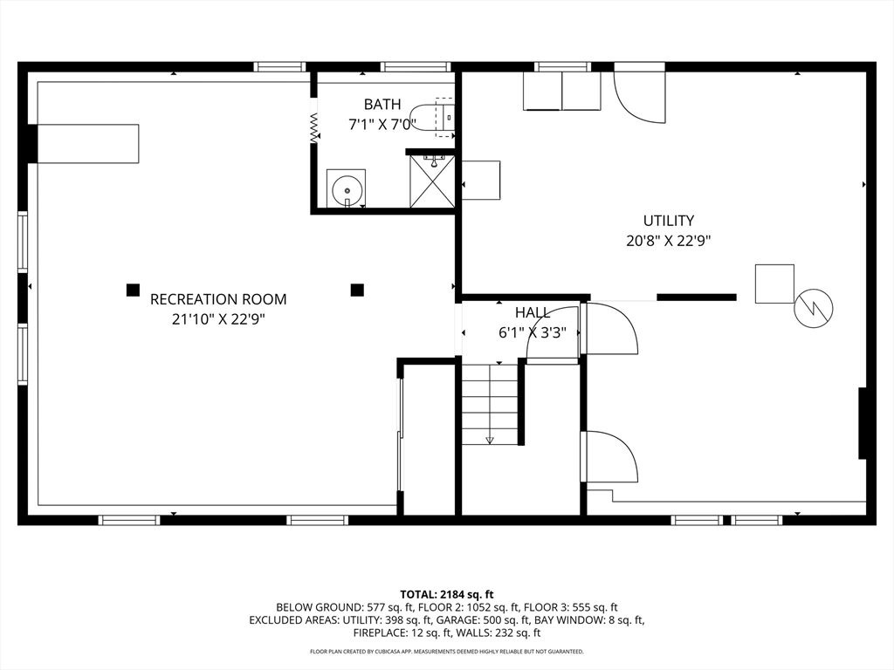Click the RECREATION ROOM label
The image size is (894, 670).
coord(218,299)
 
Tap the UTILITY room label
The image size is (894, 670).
coord(669,221)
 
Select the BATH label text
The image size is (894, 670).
coord(382,105)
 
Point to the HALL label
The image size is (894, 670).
coord(533,312)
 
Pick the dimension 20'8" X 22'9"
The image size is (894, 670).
coord(669,241)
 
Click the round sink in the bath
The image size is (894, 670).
coord(346,188)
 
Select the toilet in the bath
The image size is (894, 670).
coord(433,118)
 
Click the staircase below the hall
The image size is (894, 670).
coord(489,405)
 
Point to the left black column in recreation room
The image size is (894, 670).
coord(133,290)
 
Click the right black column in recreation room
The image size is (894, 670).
coord(357,290)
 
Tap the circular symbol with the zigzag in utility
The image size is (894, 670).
coord(814,308)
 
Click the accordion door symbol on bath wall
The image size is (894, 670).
coord(313,128)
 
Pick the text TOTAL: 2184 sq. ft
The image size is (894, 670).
coord(446,595)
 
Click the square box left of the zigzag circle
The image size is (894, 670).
coord(775,284)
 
